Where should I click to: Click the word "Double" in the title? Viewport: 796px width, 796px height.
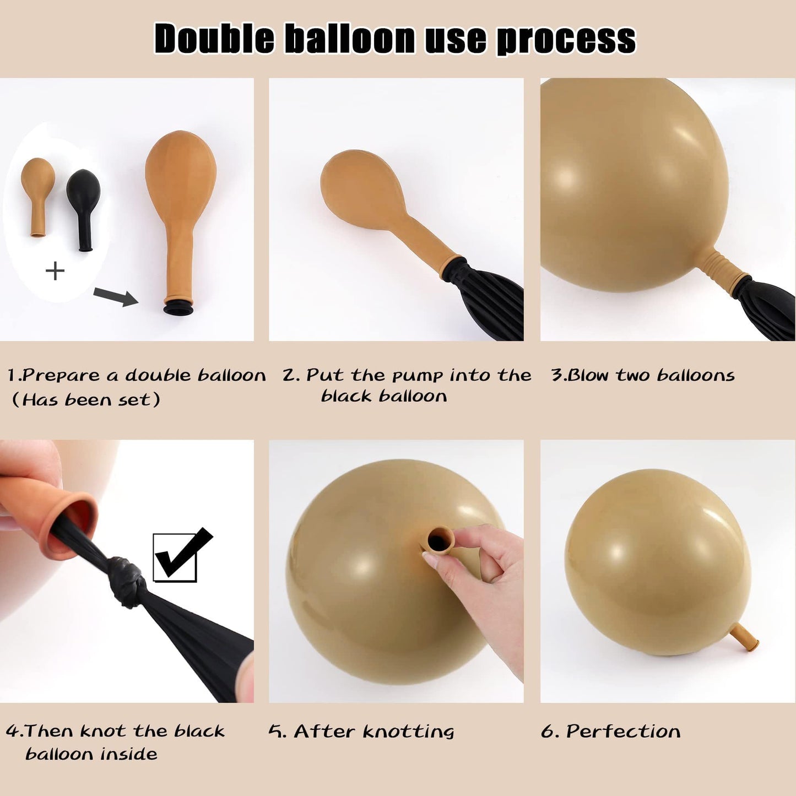pyautogui.click(x=215, y=39)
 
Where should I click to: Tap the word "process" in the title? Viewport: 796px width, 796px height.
pyautogui.click(x=566, y=40)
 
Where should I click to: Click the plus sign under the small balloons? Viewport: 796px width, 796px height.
pyautogui.click(x=55, y=272)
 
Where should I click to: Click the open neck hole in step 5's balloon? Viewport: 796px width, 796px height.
pyautogui.click(x=436, y=540)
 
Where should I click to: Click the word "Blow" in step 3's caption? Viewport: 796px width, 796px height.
pyautogui.click(x=591, y=375)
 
